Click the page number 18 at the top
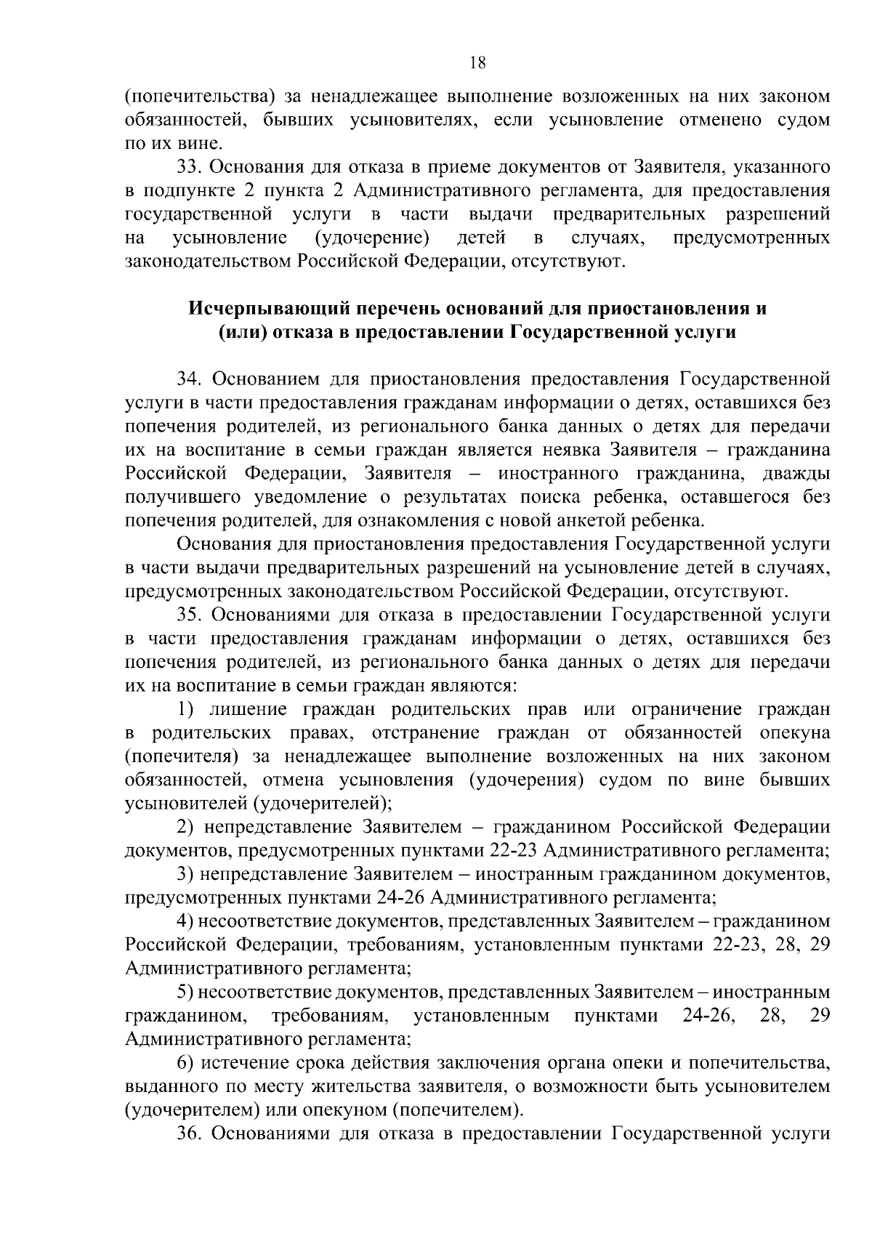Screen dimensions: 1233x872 pyautogui.click(x=477, y=62)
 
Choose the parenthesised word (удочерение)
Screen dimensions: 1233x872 pyautogui.click(x=371, y=238)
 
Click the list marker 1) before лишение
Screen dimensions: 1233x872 pyautogui.click(x=186, y=709)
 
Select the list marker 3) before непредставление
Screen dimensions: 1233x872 pyautogui.click(x=186, y=874)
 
